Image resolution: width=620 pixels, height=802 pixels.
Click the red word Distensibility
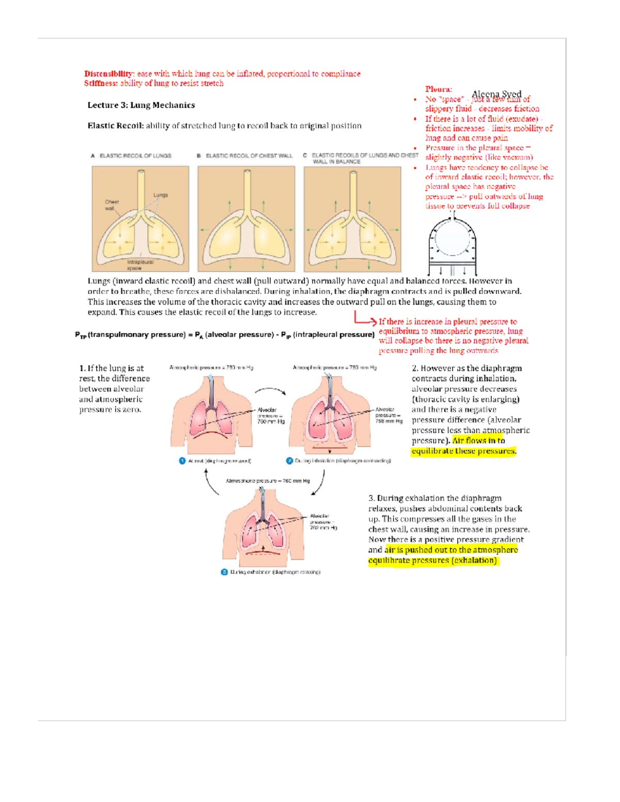109,74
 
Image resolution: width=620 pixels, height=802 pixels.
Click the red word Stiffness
101,83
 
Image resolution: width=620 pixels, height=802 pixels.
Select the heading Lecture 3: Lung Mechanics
141,105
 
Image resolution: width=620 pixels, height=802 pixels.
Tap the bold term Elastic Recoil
115,125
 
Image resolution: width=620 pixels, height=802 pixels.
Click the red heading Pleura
438,89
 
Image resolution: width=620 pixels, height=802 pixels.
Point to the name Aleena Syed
497,94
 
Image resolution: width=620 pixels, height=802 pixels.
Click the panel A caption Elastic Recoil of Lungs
135,155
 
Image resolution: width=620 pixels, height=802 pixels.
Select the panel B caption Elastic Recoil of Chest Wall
249,155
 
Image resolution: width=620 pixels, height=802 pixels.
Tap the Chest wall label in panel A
112,205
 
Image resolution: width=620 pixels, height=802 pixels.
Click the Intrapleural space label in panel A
139,265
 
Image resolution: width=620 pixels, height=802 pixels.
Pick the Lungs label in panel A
160,195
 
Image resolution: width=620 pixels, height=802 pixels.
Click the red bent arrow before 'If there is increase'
365,318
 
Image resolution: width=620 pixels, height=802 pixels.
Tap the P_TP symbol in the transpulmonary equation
81,335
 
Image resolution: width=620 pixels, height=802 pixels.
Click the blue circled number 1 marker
182,461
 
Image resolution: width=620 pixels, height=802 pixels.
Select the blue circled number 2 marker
289,461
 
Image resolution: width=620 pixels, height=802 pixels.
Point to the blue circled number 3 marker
224,572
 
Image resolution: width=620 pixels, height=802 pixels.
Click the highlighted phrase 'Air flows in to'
478,441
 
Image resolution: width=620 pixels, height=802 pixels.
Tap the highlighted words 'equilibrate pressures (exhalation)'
432,560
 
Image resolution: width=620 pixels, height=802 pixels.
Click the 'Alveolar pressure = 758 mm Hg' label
389,415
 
